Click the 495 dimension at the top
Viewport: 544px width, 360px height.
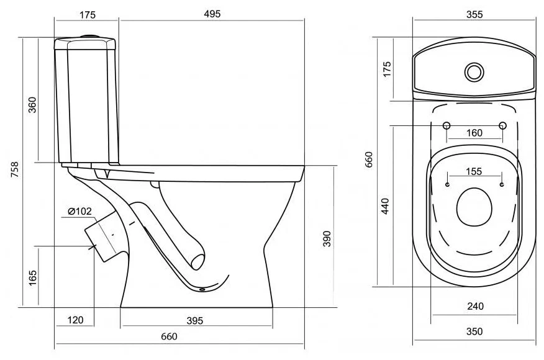212,14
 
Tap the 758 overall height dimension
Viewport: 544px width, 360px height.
14,169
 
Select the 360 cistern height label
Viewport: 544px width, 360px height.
32,105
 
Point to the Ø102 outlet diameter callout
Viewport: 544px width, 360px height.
79,211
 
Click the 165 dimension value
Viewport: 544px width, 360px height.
32,278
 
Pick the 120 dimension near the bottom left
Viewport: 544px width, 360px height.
75,320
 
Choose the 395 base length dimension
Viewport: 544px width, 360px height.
194,321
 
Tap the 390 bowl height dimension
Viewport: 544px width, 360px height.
327,238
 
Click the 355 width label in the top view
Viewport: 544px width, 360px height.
474,14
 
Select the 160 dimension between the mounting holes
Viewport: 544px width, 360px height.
474,133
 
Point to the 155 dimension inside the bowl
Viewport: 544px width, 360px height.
474,171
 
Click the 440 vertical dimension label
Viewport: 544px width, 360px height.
385,206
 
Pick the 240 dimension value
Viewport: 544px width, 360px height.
475,306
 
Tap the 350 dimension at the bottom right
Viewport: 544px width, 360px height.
474,331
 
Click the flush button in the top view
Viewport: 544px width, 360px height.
474,72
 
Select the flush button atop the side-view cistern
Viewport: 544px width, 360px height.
91,36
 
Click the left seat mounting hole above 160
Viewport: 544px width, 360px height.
447,125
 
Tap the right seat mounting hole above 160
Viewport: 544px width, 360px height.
502,125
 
